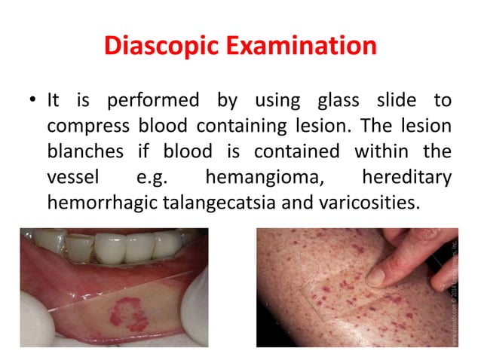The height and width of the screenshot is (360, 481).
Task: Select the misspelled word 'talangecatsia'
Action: point(231,203)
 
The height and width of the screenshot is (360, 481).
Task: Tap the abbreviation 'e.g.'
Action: point(154,178)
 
